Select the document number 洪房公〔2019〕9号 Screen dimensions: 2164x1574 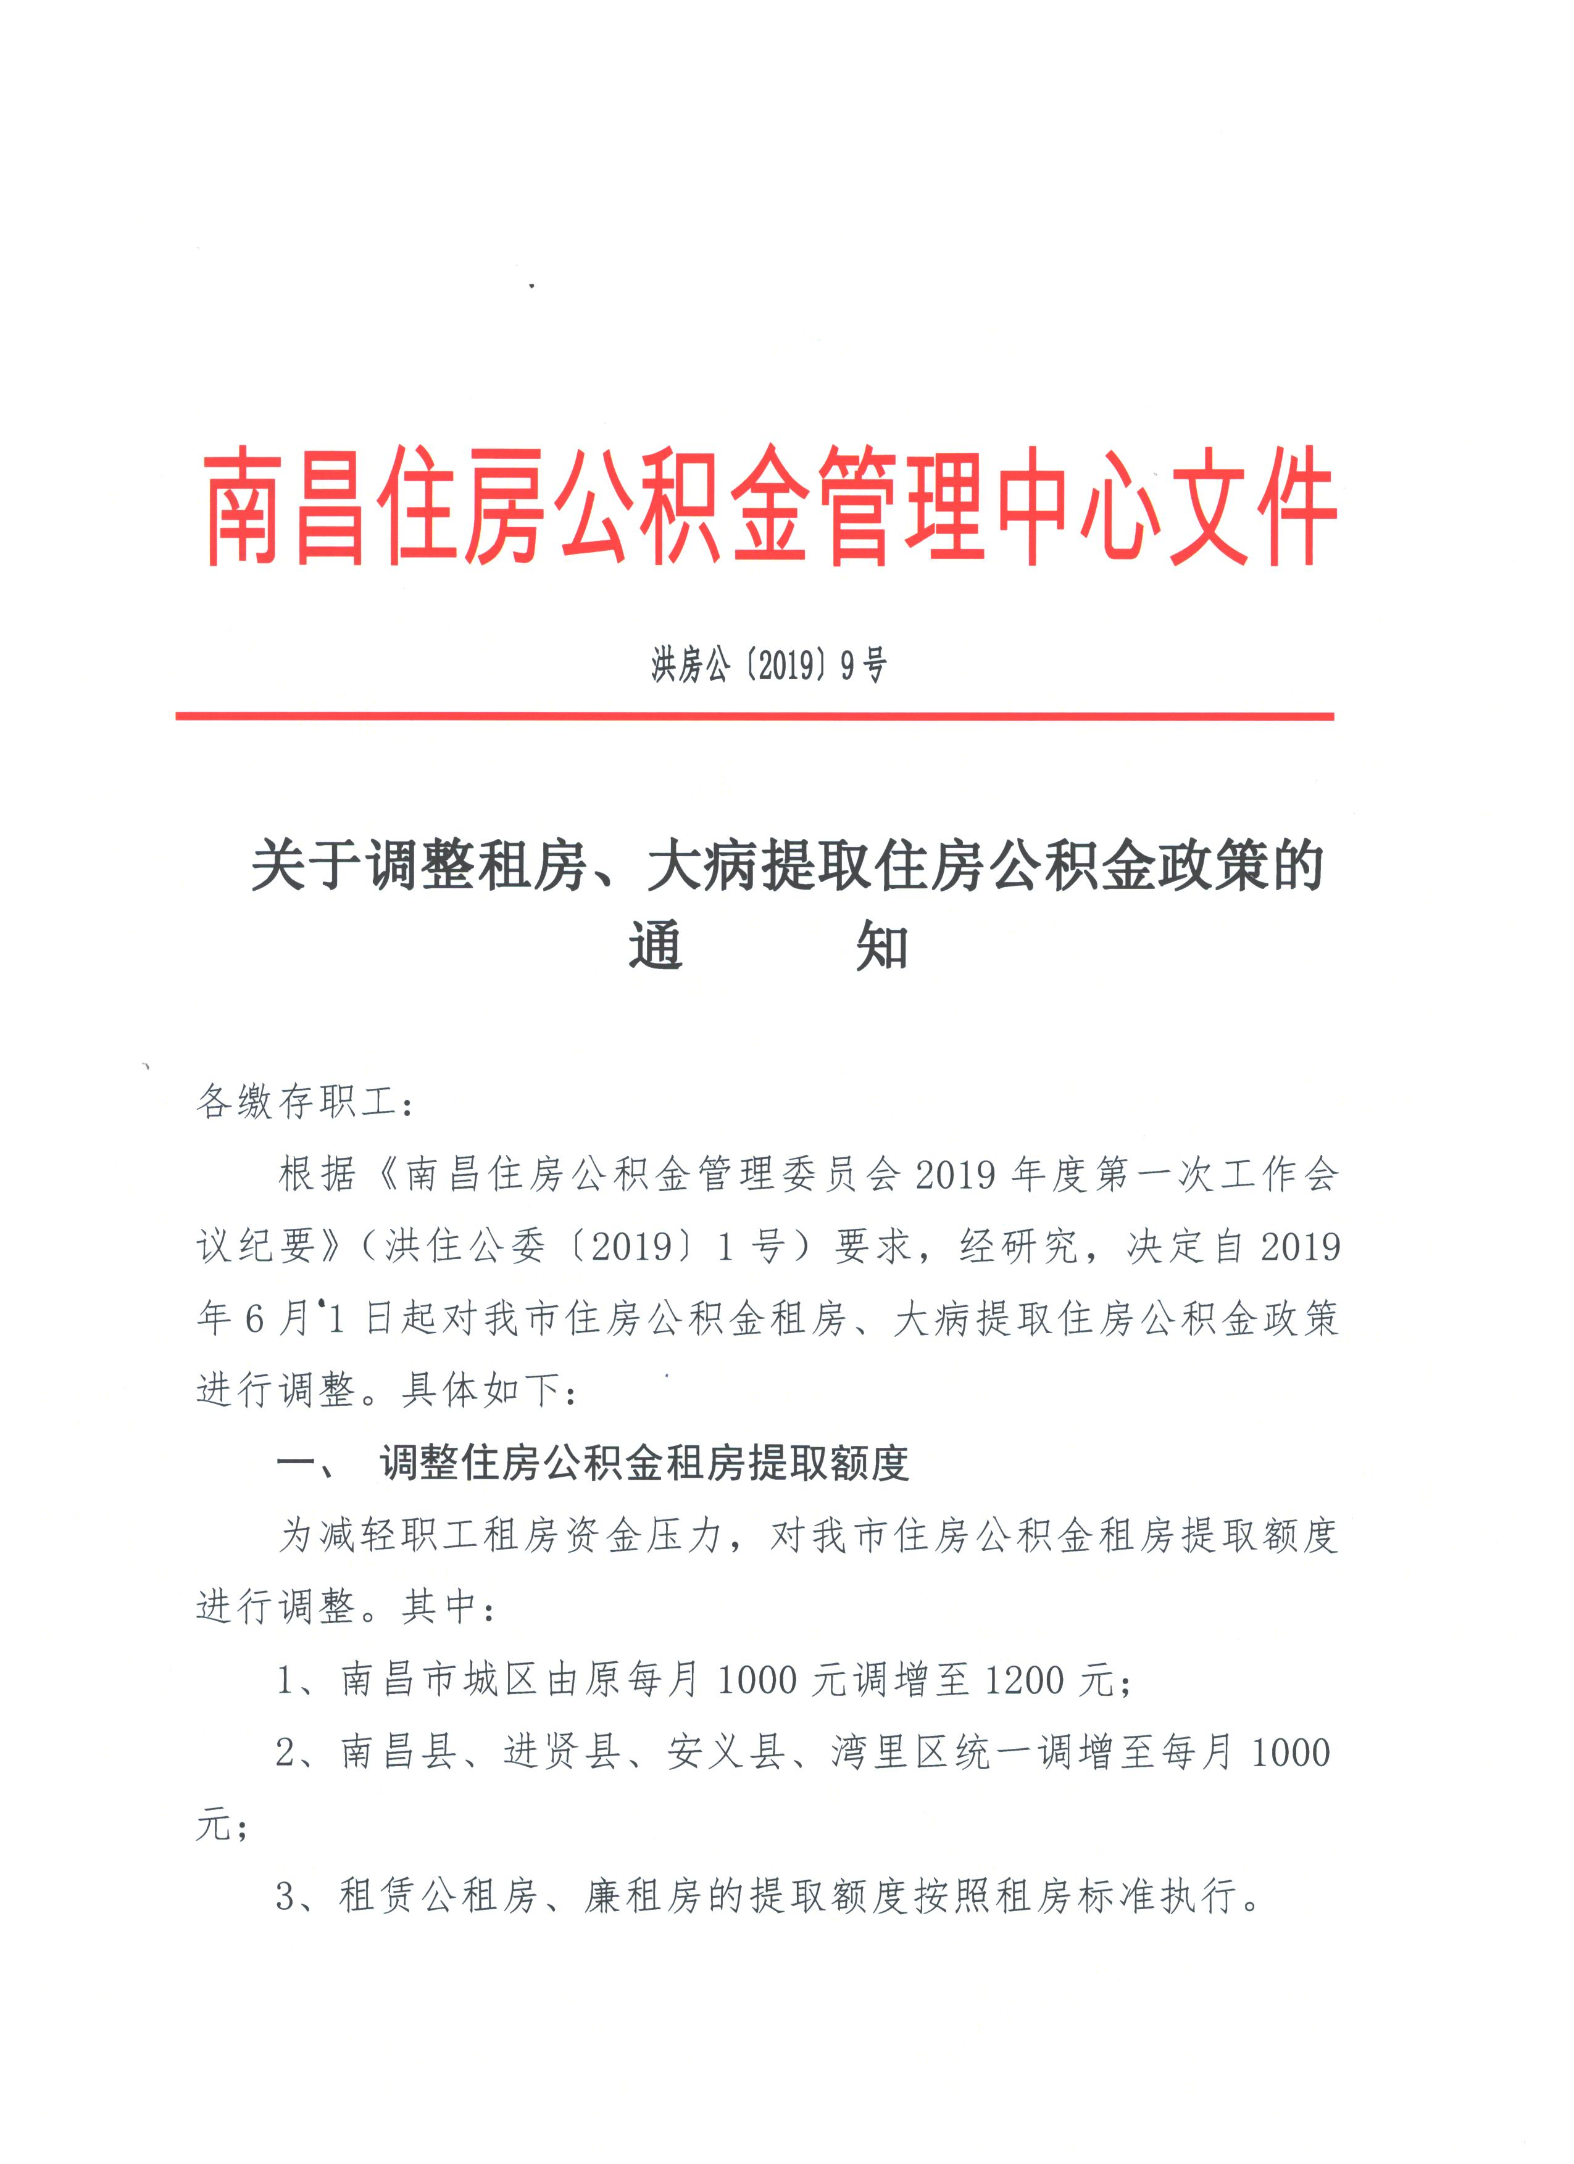768,665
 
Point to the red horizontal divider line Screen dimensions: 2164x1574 754,716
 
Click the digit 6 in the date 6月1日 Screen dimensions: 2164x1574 254,1319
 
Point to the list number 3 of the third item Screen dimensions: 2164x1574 286,1897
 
